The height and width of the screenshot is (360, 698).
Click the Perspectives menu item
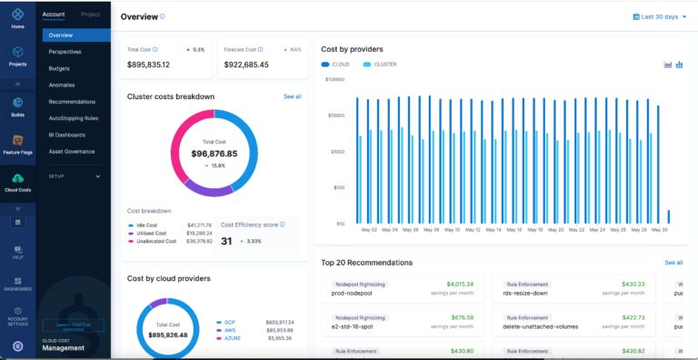click(x=65, y=52)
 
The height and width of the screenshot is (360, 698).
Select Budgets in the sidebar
click(x=60, y=68)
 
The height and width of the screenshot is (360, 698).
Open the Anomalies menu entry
click(x=63, y=85)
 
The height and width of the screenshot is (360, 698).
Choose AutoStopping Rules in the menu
click(x=74, y=118)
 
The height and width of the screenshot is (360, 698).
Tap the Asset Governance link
click(x=71, y=151)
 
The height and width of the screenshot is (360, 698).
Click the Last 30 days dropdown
click(x=659, y=16)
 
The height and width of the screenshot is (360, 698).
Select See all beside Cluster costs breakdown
click(x=292, y=96)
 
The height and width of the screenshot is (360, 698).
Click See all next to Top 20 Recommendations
click(x=673, y=263)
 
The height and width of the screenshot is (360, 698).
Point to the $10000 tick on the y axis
click(x=335, y=115)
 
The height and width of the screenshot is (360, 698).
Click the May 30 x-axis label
click(x=660, y=230)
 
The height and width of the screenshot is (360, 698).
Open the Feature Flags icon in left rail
click(x=17, y=145)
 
